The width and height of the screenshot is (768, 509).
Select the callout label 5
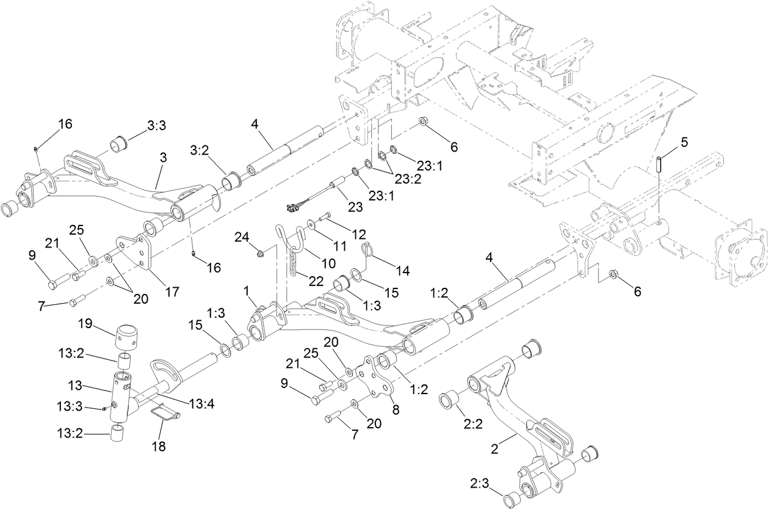684,142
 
